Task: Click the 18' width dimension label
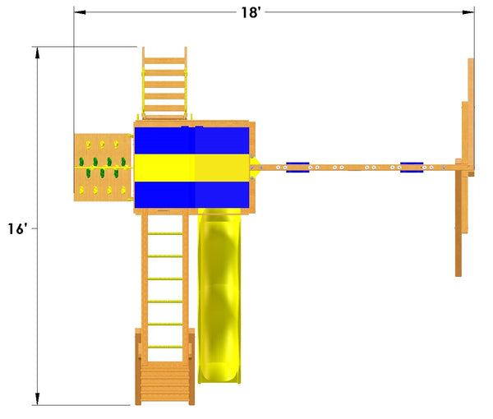[x=251, y=12]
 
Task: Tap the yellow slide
[x=219, y=296]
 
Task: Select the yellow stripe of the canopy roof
[x=191, y=168]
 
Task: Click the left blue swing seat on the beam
[x=297, y=168]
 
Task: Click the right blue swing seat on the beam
[x=412, y=168]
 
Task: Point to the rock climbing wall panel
[x=103, y=168]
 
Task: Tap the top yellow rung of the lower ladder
[x=165, y=233]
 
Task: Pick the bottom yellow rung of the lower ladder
[x=165, y=347]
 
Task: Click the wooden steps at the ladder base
[x=165, y=383]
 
